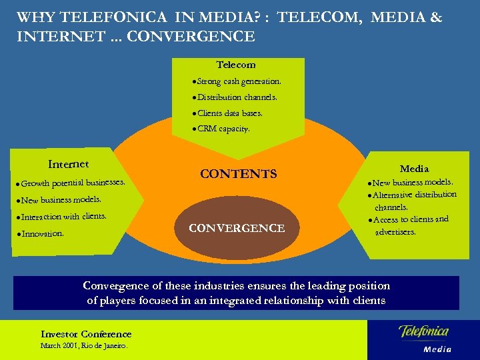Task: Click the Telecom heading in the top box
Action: pyautogui.click(x=236, y=65)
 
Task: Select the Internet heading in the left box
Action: pyautogui.click(x=69, y=164)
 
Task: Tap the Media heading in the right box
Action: pyautogui.click(x=414, y=169)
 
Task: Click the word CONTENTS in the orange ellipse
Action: pyautogui.click(x=238, y=174)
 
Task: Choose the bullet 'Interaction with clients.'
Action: pyautogui.click(x=63, y=217)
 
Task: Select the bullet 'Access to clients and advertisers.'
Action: pyautogui.click(x=408, y=225)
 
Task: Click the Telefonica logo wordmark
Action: pyautogui.click(x=423, y=331)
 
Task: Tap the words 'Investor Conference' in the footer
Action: pyautogui.click(x=86, y=334)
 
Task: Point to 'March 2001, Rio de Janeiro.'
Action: pyautogui.click(x=84, y=346)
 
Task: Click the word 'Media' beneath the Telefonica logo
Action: pyautogui.click(x=437, y=349)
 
